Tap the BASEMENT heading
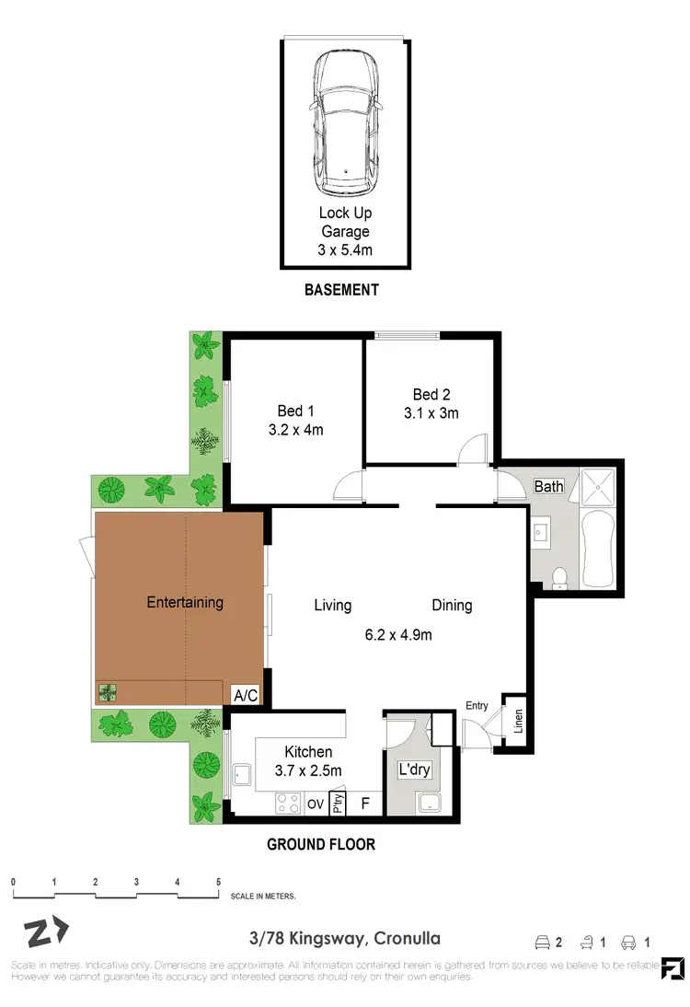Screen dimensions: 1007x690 tap(341, 290)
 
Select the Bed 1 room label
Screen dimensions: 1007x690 tap(295, 411)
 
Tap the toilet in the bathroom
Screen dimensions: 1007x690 tap(558, 577)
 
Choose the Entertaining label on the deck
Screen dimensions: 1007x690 tap(185, 603)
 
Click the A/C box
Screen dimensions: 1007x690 tap(245, 697)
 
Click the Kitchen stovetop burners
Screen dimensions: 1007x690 tap(289, 804)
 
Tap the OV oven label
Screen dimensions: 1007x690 tap(315, 804)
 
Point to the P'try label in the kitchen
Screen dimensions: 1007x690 tap(338, 804)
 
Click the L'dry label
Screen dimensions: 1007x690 tap(414, 770)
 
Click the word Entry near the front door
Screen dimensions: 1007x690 tap(477, 705)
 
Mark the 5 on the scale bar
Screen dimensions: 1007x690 tap(218, 881)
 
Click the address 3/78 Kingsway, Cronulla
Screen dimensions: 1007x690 tap(344, 939)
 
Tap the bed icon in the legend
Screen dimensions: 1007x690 tap(544, 942)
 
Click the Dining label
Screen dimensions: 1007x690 tap(452, 605)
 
